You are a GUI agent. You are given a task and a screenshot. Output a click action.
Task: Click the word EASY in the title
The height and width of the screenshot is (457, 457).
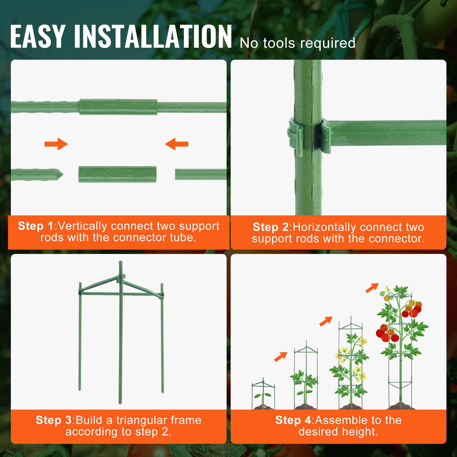[x=37, y=37]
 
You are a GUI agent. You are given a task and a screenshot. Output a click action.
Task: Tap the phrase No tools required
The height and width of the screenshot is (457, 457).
[x=298, y=43]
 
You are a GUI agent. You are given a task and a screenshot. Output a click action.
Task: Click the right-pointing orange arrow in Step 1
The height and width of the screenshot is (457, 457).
[x=57, y=144]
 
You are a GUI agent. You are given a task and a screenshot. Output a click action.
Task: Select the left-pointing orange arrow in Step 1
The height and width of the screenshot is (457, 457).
[x=177, y=144]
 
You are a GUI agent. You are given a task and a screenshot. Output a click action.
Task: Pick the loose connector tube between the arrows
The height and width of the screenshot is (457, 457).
[x=117, y=174]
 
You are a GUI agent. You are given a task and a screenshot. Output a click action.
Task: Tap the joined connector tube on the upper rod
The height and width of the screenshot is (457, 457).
[x=118, y=107]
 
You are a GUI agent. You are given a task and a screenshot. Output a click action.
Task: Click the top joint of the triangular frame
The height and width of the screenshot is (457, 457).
[x=121, y=277]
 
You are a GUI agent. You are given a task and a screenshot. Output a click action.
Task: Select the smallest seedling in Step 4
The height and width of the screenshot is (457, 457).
[x=263, y=396]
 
